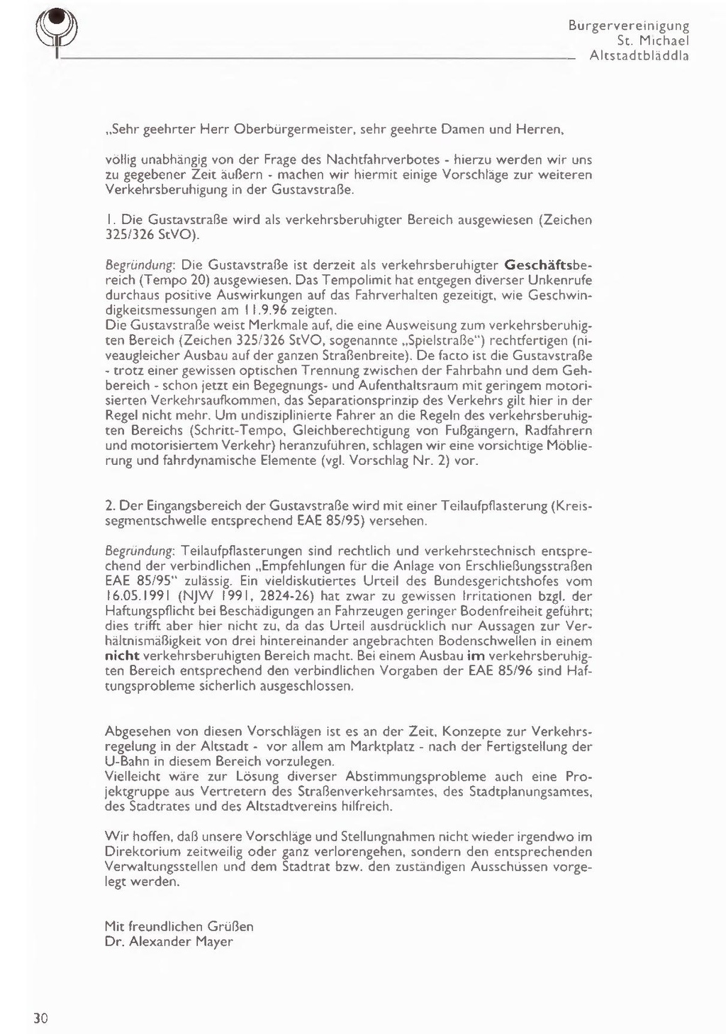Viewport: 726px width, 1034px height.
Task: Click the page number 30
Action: coord(40,1019)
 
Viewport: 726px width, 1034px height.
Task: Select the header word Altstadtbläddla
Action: coord(640,56)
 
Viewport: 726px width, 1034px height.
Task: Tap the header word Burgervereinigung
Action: coord(629,26)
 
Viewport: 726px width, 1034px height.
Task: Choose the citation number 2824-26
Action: coord(279,597)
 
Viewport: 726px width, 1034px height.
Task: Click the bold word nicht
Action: coord(122,656)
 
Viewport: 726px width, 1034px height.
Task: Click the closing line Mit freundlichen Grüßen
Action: coord(179,926)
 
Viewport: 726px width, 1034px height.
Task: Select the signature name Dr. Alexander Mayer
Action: coord(169,942)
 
